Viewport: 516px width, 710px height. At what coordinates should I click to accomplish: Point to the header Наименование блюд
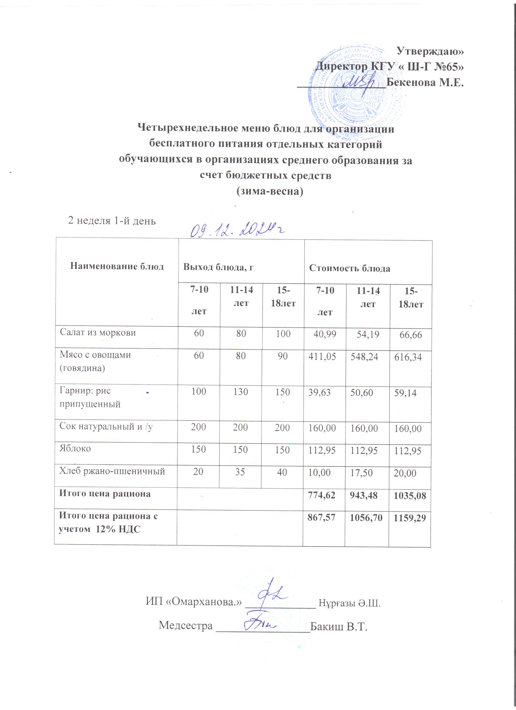pyautogui.click(x=117, y=266)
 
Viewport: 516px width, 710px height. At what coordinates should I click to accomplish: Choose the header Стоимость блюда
pyautogui.click(x=350, y=268)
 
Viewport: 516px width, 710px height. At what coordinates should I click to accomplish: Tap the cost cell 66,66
pyautogui.click(x=411, y=335)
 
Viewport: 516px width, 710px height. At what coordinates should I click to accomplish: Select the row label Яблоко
pyautogui.click(x=75, y=449)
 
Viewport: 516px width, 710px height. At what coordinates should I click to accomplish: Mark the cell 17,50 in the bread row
pyautogui.click(x=361, y=473)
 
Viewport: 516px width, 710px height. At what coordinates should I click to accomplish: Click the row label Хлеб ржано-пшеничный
pyautogui.click(x=112, y=471)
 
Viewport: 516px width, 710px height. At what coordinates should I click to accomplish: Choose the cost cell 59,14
pyautogui.click(x=405, y=393)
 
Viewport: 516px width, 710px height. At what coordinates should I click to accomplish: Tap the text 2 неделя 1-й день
pyautogui.click(x=112, y=221)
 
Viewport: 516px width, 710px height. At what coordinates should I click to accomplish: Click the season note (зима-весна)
pyautogui.click(x=270, y=191)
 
